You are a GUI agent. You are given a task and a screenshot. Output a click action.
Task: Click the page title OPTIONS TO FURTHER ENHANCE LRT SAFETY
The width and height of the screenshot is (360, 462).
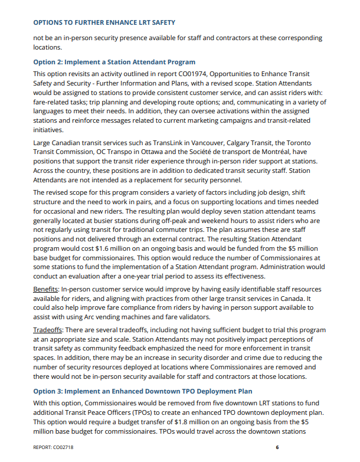pyautogui.click(x=104, y=22)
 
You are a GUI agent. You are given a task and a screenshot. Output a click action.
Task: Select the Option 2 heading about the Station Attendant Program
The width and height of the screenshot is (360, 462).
pyautogui.click(x=114, y=62)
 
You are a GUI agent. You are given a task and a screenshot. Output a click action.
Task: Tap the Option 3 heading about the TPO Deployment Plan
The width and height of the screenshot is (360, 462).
pyautogui.click(x=142, y=391)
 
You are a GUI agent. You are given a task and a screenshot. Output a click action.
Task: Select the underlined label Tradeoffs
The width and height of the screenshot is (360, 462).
pyautogui.click(x=48, y=330)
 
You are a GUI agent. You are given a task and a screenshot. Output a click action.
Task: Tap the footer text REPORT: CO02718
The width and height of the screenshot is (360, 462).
pyautogui.click(x=53, y=448)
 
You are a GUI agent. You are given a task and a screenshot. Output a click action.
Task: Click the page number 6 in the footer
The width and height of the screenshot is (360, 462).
pyautogui.click(x=277, y=448)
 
